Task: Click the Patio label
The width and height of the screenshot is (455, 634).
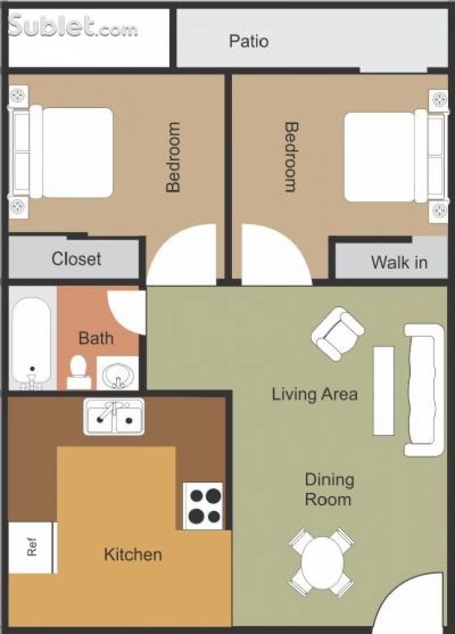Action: click(x=249, y=41)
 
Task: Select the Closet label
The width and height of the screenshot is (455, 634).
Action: click(x=76, y=259)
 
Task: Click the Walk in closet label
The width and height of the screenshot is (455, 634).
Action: click(x=399, y=262)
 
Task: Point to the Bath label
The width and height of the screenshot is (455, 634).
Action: click(x=96, y=338)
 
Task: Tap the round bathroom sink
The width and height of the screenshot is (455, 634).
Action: click(x=118, y=374)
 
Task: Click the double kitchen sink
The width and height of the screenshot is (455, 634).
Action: click(x=114, y=416)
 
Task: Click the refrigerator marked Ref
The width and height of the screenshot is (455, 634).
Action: click(x=31, y=546)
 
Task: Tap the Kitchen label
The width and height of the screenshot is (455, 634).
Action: click(x=133, y=554)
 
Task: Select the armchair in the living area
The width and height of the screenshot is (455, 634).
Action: click(x=337, y=334)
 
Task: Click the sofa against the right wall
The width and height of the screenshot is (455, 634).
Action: click(x=424, y=390)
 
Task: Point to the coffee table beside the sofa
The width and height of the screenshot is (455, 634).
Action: click(x=384, y=390)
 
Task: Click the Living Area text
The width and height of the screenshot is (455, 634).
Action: click(x=315, y=394)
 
